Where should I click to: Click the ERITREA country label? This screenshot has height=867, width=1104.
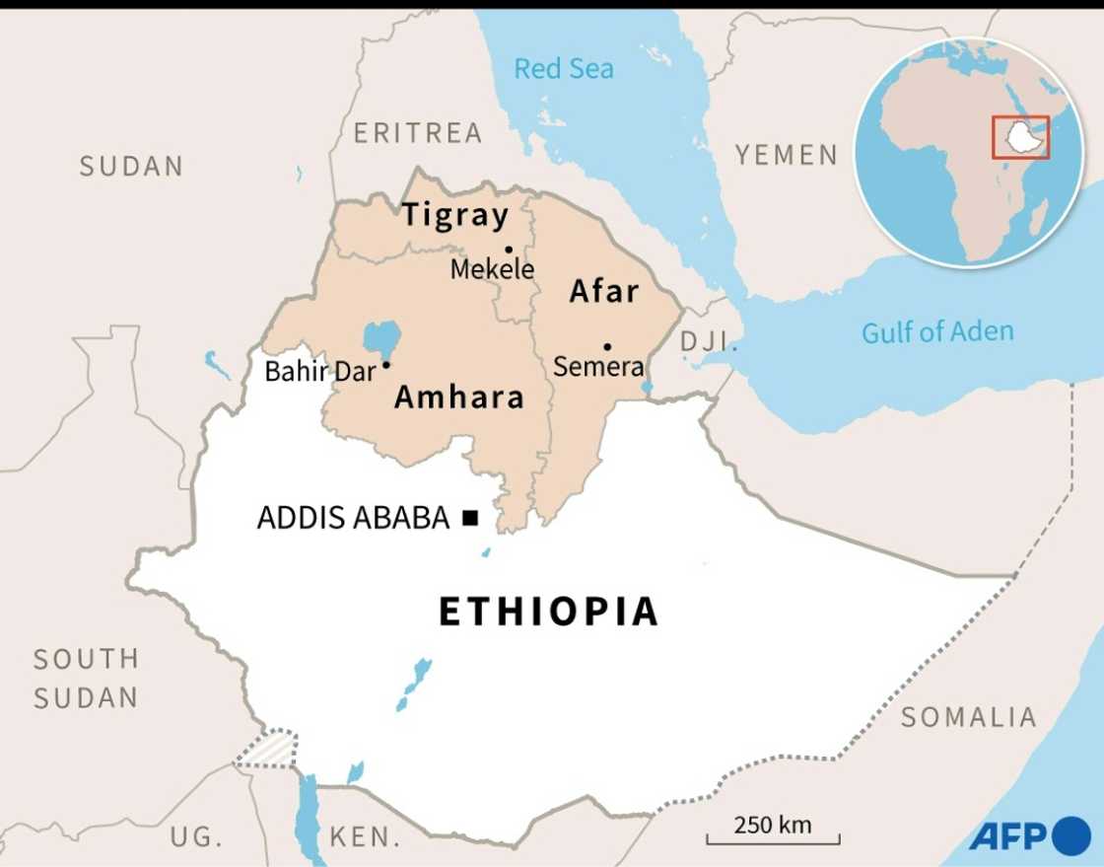pyautogui.click(x=418, y=132)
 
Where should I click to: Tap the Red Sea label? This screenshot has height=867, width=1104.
pyautogui.click(x=564, y=68)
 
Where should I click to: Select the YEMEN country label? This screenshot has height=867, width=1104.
pyautogui.click(x=787, y=155)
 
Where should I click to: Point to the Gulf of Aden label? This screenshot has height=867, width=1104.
pyautogui.click(x=937, y=332)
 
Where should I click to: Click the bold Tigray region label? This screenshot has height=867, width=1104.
pyautogui.click(x=454, y=215)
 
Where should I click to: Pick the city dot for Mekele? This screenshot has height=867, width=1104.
pyautogui.click(x=509, y=250)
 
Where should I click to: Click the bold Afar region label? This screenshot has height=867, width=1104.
pyautogui.click(x=604, y=291)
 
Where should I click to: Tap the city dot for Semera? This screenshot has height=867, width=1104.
pyautogui.click(x=607, y=346)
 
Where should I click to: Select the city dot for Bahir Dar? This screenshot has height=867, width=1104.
pyautogui.click(x=386, y=365)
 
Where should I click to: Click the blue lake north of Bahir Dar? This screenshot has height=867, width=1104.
pyautogui.click(x=382, y=337)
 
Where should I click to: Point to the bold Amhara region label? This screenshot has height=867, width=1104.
pyautogui.click(x=458, y=397)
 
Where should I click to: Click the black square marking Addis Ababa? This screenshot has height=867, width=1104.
pyautogui.click(x=470, y=517)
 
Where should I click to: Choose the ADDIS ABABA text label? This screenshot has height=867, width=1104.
pyautogui.click(x=353, y=518)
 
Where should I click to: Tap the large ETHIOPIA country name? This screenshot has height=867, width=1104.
pyautogui.click(x=548, y=612)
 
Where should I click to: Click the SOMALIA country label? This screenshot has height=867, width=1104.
pyautogui.click(x=968, y=717)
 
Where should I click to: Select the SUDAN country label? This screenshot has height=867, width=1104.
pyautogui.click(x=131, y=166)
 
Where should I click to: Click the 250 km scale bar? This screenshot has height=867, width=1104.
pyautogui.click(x=772, y=838)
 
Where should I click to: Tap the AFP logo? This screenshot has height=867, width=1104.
pyautogui.click(x=1028, y=836)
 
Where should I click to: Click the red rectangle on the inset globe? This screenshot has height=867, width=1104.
pyautogui.click(x=1020, y=137)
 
